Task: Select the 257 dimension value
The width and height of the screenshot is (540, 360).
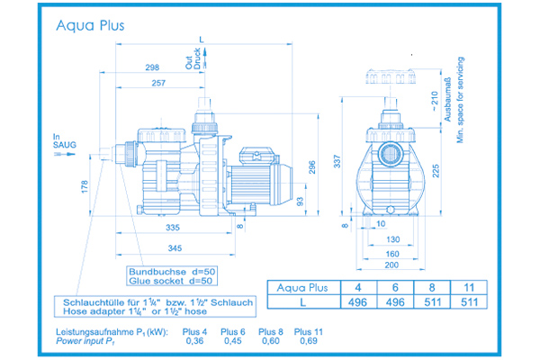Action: pyautogui.click(x=158, y=83)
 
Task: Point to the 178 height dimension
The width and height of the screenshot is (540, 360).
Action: pyautogui.click(x=85, y=186)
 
